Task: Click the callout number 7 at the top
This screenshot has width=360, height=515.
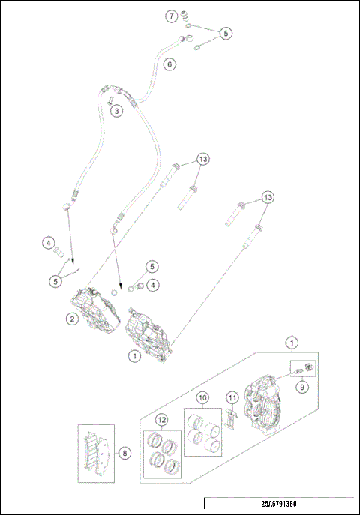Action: (172, 16)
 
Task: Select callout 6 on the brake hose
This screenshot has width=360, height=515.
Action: (169, 64)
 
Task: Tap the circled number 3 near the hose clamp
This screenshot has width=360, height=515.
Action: (117, 111)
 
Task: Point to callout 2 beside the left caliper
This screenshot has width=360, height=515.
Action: (72, 319)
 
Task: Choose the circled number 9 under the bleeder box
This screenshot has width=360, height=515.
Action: (301, 388)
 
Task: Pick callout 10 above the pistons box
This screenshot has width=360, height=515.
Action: (202, 397)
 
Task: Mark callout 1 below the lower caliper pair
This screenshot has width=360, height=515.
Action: (133, 357)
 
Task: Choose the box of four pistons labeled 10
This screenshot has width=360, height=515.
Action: (202, 433)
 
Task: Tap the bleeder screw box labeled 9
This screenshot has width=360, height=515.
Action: (303, 369)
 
